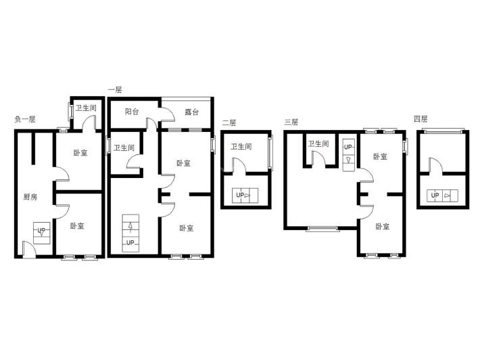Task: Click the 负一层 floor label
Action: coord(25,119)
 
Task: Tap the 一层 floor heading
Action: coord(115,90)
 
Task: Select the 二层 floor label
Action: coord(229,122)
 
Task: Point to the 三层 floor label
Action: coord(291,122)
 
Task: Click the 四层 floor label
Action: coord(421,119)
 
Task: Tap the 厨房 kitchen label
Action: coord(30,197)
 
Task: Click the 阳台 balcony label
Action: coord(132,111)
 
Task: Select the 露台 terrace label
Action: coord(191,112)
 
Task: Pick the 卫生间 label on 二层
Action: coord(241,146)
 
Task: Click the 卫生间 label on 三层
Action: coord(318,143)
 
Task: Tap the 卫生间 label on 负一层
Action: coord(86,108)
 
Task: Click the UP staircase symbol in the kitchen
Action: coord(42,233)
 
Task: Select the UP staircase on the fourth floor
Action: coord(443,196)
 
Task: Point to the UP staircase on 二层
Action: coord(245,195)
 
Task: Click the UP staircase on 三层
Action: coord(348,155)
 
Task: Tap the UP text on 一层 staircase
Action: coord(130,243)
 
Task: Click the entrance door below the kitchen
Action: coord(29,250)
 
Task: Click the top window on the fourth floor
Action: coord(443,131)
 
